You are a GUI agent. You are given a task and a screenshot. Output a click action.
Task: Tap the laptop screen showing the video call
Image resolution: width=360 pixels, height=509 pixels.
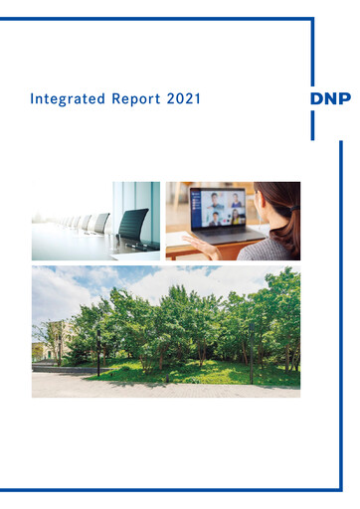point(218,208)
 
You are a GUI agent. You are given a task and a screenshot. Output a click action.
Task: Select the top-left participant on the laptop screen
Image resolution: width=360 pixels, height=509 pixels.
point(210,200)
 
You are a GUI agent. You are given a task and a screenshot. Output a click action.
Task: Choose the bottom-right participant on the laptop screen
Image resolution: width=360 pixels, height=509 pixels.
point(235,218)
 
